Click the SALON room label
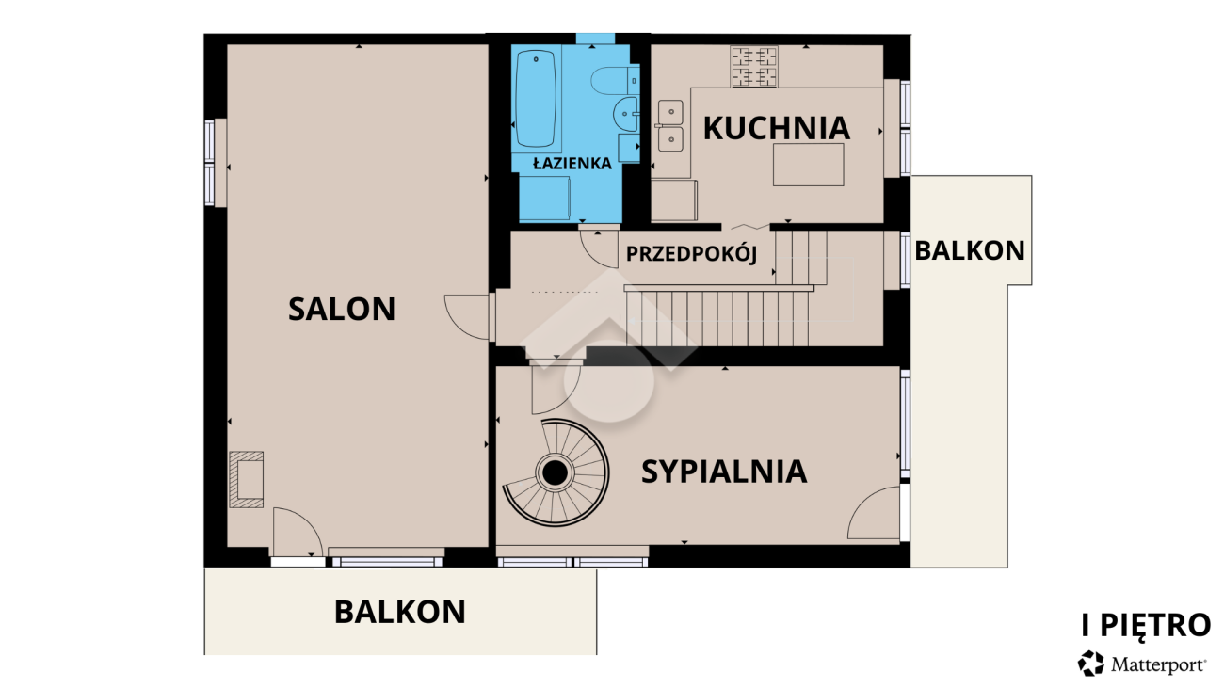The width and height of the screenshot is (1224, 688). pyautogui.click(x=342, y=309)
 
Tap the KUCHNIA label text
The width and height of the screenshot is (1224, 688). pyautogui.click(x=777, y=128)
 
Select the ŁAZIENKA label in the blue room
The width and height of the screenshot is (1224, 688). pyautogui.click(x=572, y=163)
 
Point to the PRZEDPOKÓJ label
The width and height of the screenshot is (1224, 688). pyautogui.click(x=691, y=254)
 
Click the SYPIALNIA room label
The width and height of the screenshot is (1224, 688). pyautogui.click(x=724, y=472)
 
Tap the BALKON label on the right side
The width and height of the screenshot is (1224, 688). pyautogui.click(x=970, y=250)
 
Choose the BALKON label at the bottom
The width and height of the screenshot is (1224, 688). pyautogui.click(x=400, y=612)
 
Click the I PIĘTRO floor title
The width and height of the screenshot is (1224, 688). pyautogui.click(x=1145, y=625)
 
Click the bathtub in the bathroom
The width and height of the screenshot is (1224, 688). pyautogui.click(x=536, y=99)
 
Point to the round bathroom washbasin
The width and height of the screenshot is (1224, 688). pyautogui.click(x=625, y=114)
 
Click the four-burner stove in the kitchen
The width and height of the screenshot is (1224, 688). pyautogui.click(x=754, y=67)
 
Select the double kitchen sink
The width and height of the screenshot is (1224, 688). pyautogui.click(x=670, y=125)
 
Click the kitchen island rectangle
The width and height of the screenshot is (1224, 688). pyautogui.click(x=808, y=165)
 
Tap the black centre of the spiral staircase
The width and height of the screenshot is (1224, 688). pyautogui.click(x=556, y=472)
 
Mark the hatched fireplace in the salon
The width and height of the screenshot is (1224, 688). pyautogui.click(x=247, y=479)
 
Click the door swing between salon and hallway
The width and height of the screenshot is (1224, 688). pyautogui.click(x=467, y=316)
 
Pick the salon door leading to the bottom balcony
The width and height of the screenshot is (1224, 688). pyautogui.click(x=298, y=533)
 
